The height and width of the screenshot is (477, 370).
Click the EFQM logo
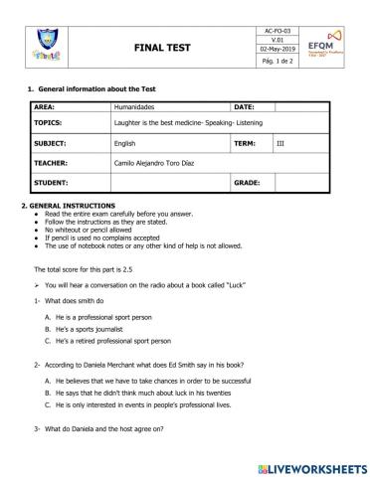(x=326, y=46)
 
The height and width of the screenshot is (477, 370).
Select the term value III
(x=279, y=144)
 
